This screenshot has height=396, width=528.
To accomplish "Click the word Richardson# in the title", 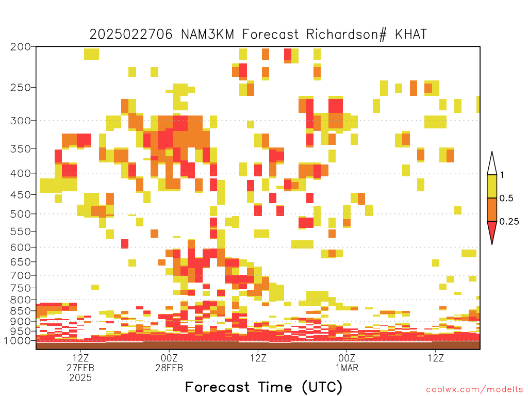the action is coord(346,35).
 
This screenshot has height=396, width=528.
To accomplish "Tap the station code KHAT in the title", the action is coord(411,35).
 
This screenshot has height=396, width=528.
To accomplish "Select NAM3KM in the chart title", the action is coord(207,35).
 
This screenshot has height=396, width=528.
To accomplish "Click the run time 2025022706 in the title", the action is coord(131,35).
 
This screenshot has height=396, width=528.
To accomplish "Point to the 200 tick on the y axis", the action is coord(20,47).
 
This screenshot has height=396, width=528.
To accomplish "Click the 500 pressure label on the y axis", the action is coord(20,214).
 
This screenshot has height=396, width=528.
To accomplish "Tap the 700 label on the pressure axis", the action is coord(20,275).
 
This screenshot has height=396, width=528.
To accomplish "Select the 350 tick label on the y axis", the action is coord(20,148).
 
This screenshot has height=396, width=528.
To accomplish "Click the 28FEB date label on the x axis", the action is coord(169,368).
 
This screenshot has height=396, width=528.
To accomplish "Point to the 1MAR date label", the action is coord(347,368).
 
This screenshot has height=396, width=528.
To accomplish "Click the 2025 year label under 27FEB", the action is coord(80,378).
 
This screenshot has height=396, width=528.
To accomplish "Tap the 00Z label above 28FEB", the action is coord(169,358).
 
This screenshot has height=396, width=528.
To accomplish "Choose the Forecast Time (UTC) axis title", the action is coord(263,387).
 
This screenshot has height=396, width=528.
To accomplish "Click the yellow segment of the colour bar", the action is coord(492,186).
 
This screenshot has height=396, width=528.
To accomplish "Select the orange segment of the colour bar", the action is coord(492,209).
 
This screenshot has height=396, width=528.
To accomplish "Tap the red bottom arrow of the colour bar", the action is coord(492,230).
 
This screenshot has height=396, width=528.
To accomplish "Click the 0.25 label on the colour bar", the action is coord(509,222).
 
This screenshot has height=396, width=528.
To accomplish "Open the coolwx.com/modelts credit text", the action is coord(474,390).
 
